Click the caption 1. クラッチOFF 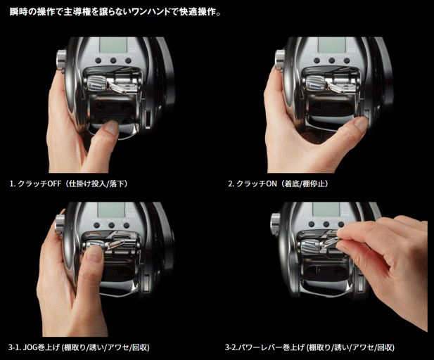coord(35,184)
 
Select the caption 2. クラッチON coord(253,184)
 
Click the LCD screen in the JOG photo coord(111,210)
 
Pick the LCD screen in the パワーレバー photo coord(326,209)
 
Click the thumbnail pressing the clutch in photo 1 coord(112,127)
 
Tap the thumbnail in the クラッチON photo coord(362,123)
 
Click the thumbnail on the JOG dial coord(94,255)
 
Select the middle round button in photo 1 coord(113,60)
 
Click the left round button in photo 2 coord(317,60)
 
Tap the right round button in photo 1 coord(128,60)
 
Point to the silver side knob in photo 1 coord(61,61)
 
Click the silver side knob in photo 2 coord(280,61)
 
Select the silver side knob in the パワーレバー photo coord(275,224)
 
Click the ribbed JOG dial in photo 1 coord(96,83)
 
